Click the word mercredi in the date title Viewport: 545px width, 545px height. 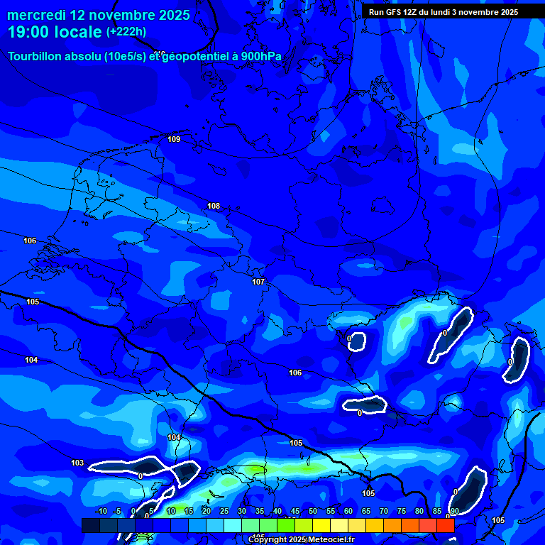pyautogui.click(x=38, y=15)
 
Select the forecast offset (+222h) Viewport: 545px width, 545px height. pyautogui.click(x=126, y=32)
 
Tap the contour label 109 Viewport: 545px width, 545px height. pyautogui.click(x=174, y=139)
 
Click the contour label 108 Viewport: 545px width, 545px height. pyautogui.click(x=214, y=206)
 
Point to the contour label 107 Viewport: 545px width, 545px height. pyautogui.click(x=258, y=282)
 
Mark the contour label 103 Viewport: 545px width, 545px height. pyautogui.click(x=77, y=463)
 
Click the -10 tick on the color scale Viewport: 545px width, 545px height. pyautogui.click(x=101, y=511)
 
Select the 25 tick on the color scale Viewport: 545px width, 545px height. pyautogui.click(x=224, y=511)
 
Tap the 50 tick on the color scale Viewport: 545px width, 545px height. pyautogui.click(x=313, y=511)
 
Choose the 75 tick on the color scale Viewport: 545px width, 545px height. pyautogui.click(x=402, y=511)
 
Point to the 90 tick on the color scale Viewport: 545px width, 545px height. pyautogui.click(x=454, y=511)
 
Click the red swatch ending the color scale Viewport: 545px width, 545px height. pyautogui.click(x=445, y=525)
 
